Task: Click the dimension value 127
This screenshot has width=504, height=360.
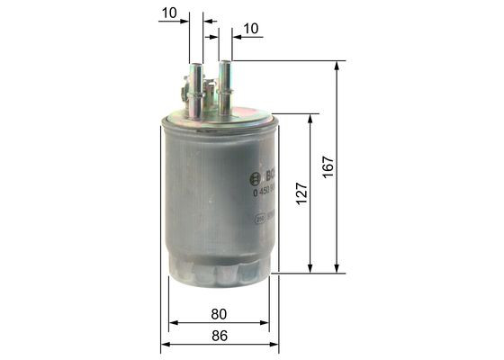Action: (301, 192)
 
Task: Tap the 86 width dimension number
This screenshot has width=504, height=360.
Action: (219, 337)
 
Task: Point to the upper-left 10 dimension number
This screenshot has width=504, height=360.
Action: (167, 12)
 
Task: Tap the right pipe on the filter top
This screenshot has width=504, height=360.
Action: (225, 86)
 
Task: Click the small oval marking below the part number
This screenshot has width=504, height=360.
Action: (260, 217)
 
